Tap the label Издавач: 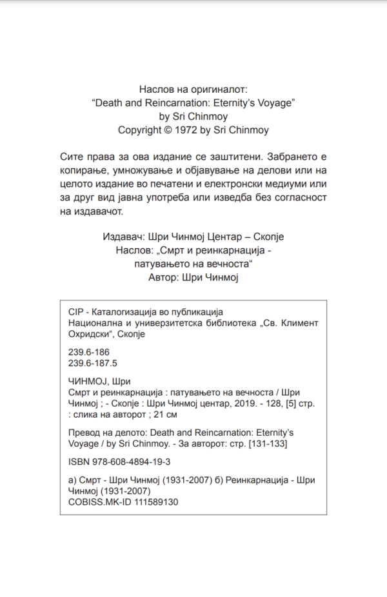(123, 237)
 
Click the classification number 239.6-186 (88, 352)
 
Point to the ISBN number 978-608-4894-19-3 (130, 462)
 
